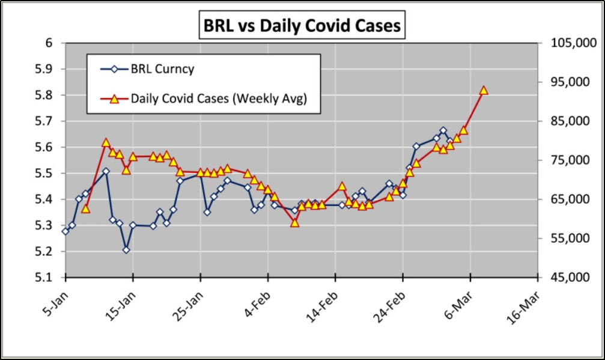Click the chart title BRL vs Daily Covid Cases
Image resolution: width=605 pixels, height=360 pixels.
tap(301, 26)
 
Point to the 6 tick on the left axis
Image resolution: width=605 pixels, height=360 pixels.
tap(49, 43)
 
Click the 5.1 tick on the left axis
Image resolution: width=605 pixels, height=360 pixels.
tap(45, 278)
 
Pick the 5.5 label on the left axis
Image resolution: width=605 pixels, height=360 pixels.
tap(45, 173)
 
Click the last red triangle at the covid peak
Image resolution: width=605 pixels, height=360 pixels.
tap(484, 90)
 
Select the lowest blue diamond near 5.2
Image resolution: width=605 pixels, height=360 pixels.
tap(126, 249)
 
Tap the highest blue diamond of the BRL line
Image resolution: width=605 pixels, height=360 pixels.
tap(443, 130)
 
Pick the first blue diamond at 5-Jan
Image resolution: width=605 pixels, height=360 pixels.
tap(65, 231)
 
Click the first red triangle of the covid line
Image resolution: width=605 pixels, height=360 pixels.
tap(86, 209)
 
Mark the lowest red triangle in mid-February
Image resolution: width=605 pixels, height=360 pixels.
tap(295, 222)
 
